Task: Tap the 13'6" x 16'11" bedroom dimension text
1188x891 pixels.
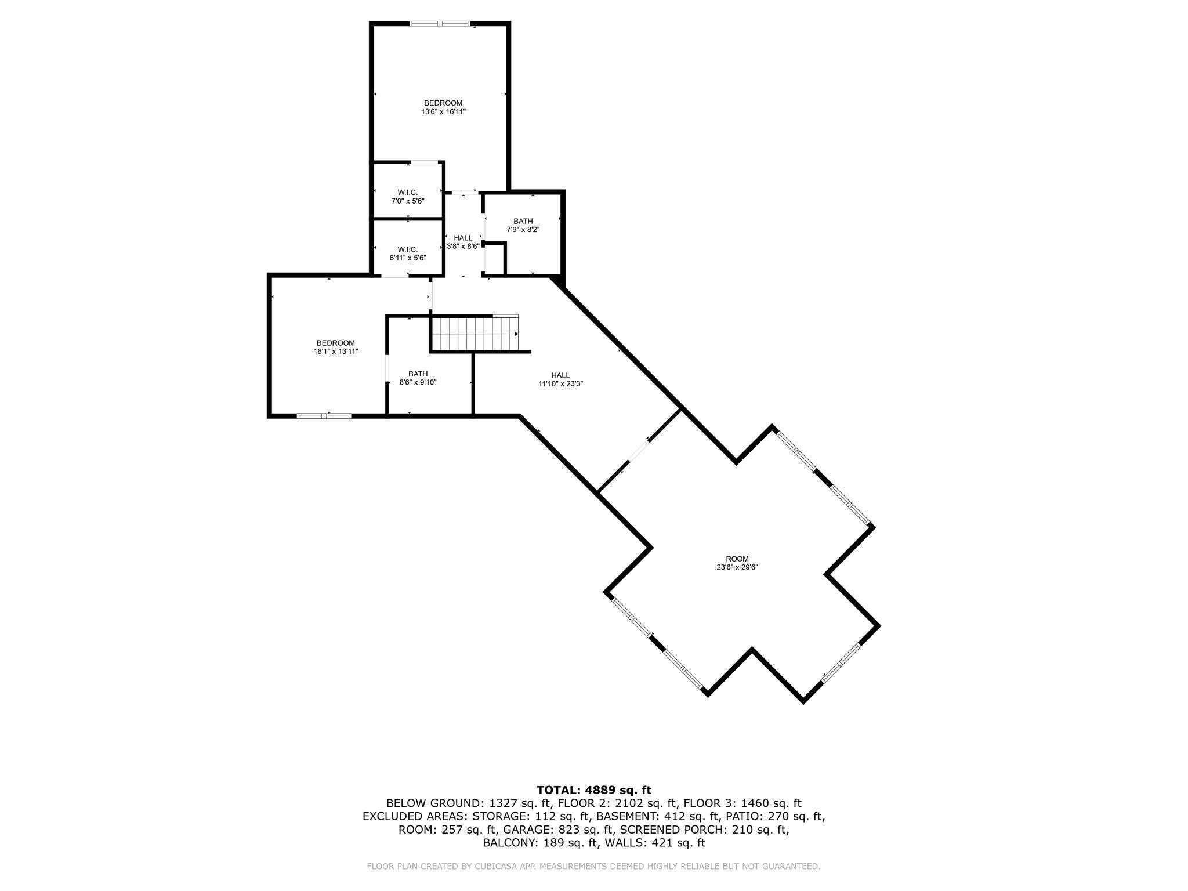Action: [443, 111]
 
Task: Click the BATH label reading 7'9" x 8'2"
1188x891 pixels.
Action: [523, 225]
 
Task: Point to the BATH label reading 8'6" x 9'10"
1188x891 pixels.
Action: [418, 378]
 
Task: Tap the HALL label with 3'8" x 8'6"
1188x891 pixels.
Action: [463, 242]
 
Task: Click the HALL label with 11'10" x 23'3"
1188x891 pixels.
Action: [560, 379]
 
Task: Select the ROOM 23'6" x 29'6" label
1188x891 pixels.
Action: [737, 563]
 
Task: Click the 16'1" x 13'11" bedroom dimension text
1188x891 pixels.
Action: [336, 347]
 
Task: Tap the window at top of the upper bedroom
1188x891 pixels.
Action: [439, 24]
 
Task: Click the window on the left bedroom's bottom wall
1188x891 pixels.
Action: [324, 415]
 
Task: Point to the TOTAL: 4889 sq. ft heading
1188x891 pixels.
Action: [594, 789]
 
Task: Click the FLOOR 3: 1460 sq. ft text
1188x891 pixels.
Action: [742, 803]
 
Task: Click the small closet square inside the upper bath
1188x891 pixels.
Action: [495, 259]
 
